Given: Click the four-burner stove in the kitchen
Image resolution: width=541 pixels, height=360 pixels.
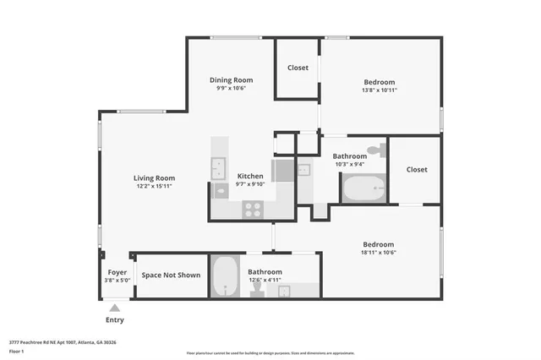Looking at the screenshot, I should point(252,209).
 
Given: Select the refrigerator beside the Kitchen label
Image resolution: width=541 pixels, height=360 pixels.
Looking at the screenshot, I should point(282,170).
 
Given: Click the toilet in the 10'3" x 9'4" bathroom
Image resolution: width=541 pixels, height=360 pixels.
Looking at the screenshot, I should point(380,150).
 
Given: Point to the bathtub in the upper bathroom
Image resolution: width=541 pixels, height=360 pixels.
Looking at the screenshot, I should point(363,188).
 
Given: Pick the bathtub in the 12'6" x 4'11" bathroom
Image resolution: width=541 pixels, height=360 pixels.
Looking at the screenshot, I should point(225,276).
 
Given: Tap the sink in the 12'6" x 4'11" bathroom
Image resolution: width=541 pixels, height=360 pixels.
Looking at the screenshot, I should point(284,291).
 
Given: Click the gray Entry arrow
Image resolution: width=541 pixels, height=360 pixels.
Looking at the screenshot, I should point(114,308).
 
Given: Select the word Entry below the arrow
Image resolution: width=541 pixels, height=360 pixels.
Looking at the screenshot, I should point(114,320).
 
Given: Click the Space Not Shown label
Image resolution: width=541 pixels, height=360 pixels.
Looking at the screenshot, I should point(171,275).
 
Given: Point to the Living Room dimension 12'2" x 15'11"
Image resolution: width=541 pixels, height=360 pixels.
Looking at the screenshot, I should point(154,187).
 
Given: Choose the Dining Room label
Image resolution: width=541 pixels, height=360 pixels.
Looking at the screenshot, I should point(232,80).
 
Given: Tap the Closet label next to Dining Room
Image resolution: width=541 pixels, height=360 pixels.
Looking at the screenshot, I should point(298,68).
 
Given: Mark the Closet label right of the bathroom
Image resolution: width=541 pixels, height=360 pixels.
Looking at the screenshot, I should point(417,169).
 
